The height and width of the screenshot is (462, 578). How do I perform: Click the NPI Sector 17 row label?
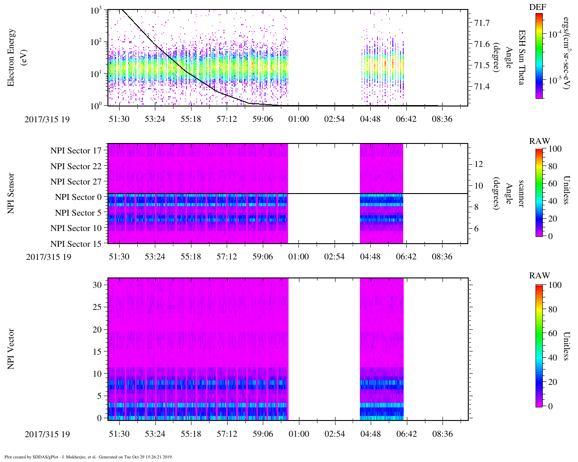coord(76,151)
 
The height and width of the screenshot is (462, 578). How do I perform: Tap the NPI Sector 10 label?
coord(76,228)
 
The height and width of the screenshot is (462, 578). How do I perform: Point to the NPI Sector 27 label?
coord(76,182)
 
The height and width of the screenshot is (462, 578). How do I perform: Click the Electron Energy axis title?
coord(16,57)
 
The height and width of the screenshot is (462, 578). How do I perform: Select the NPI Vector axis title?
coord(11,349)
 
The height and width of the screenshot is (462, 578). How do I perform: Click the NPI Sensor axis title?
coord(11,194)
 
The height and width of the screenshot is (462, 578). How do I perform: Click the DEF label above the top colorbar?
coord(538,8)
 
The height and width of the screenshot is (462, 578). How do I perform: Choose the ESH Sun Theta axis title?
coord(522,57)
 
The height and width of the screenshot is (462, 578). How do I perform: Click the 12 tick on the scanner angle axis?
coord(479,164)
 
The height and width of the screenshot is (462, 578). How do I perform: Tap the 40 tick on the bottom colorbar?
coord(552,358)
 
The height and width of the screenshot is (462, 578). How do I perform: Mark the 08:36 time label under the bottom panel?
coord(442,434)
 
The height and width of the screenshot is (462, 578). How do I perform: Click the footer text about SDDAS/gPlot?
coord(89,457)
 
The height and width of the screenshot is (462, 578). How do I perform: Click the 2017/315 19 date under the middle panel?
coord(48,257)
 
